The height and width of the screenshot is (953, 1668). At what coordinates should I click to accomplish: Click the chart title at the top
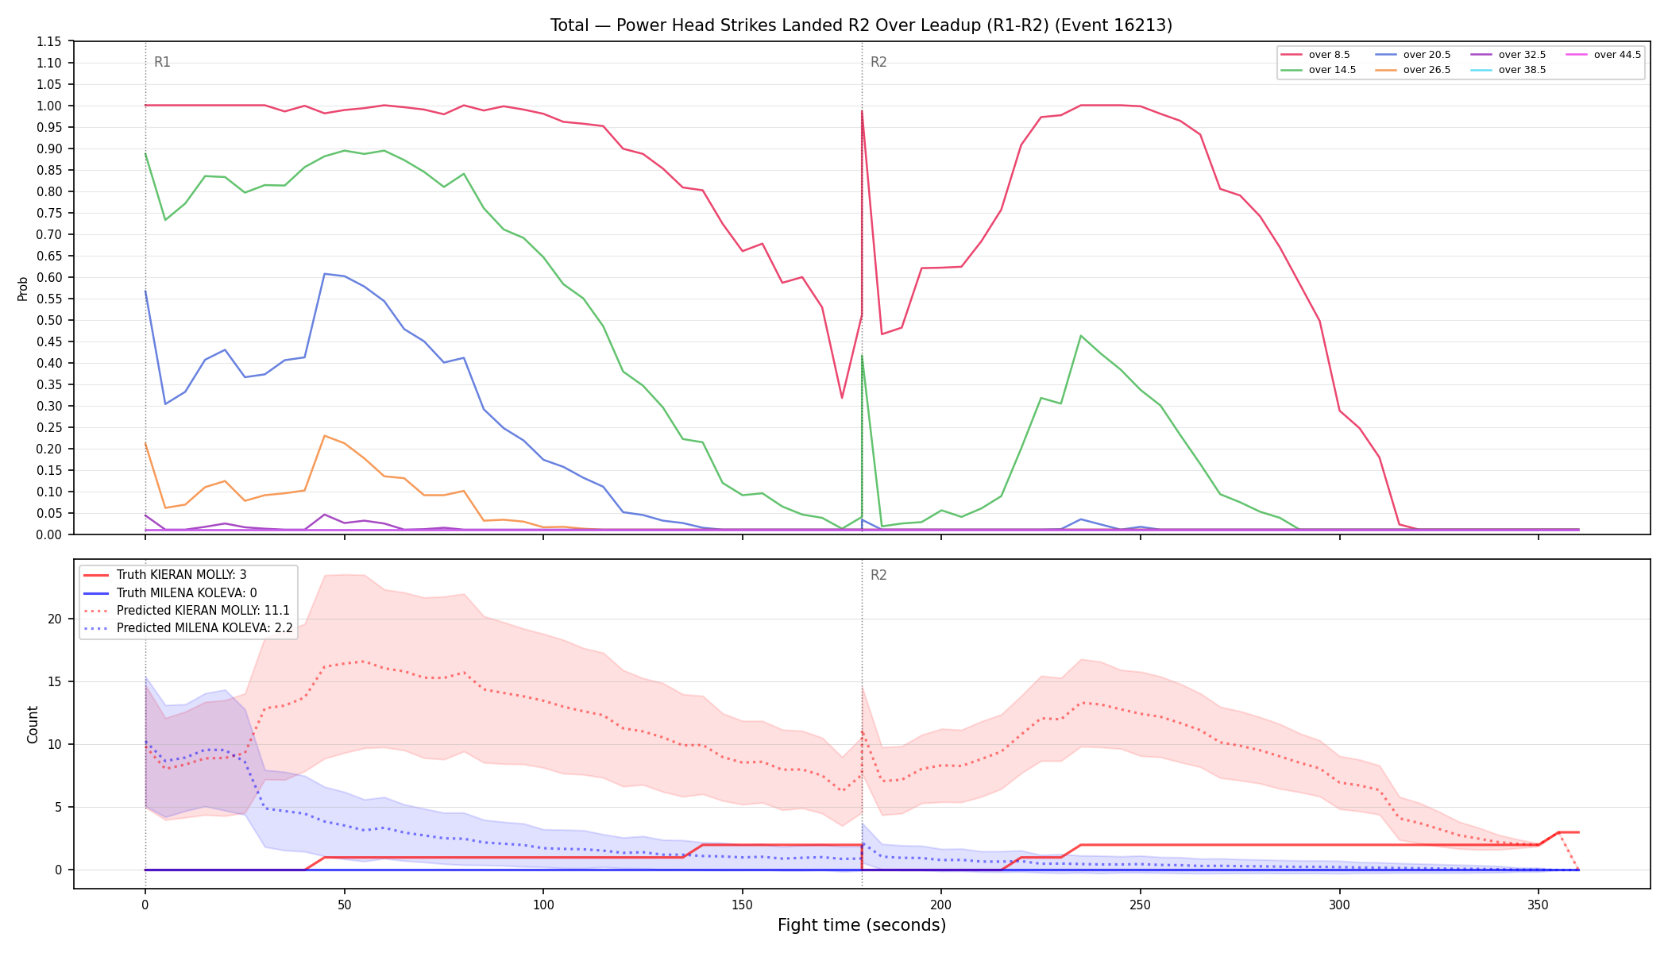pos(861,25)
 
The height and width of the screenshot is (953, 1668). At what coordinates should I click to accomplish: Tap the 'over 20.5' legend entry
pos(1413,55)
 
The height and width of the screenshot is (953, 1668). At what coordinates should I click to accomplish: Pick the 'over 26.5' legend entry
pos(1413,70)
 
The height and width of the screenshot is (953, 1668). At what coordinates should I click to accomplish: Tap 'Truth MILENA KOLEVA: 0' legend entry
pos(170,593)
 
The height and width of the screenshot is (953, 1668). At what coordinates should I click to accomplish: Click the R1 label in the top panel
pos(162,62)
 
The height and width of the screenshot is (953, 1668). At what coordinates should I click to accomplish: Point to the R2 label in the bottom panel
pos(878,575)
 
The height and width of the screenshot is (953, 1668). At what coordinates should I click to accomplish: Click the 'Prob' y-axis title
pos(23,288)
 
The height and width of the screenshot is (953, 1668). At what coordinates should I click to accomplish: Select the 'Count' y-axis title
pos(33,724)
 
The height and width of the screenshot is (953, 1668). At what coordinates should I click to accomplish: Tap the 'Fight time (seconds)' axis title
pos(862,925)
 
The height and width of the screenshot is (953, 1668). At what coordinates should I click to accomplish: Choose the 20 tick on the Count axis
pos(54,619)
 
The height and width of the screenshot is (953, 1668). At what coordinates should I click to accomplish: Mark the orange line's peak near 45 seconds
pos(324,435)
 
